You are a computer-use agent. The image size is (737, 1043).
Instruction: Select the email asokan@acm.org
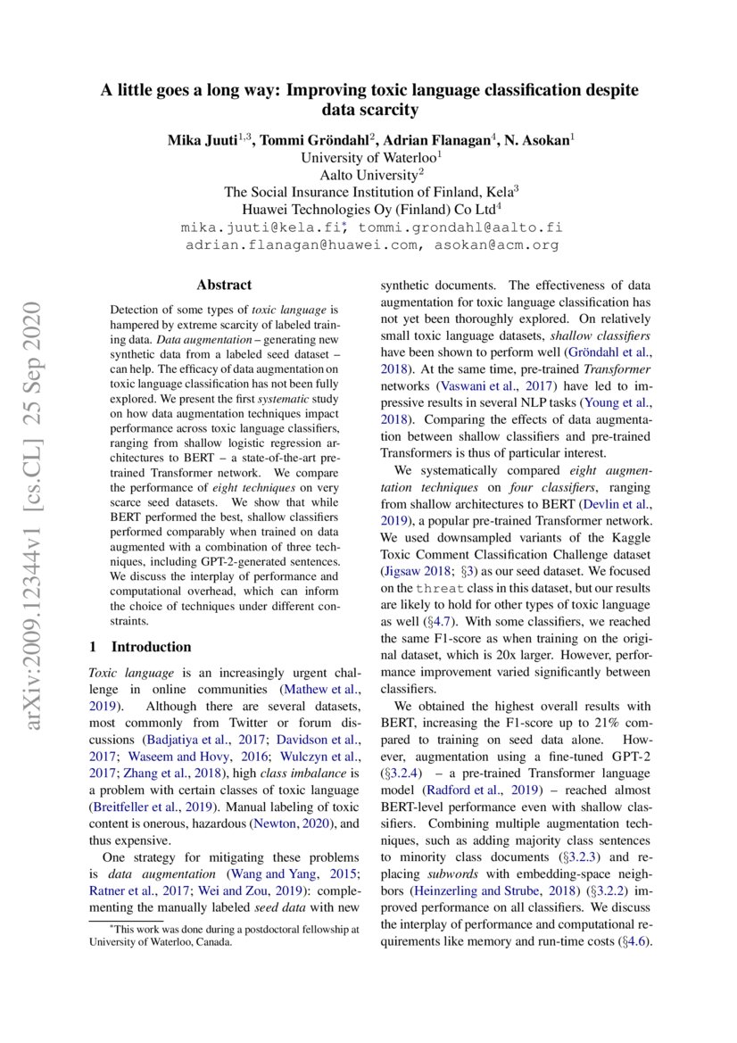coord(497,244)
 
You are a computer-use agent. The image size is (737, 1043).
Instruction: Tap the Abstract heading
coord(224,286)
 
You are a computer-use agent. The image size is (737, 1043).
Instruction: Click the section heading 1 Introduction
coord(141,646)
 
